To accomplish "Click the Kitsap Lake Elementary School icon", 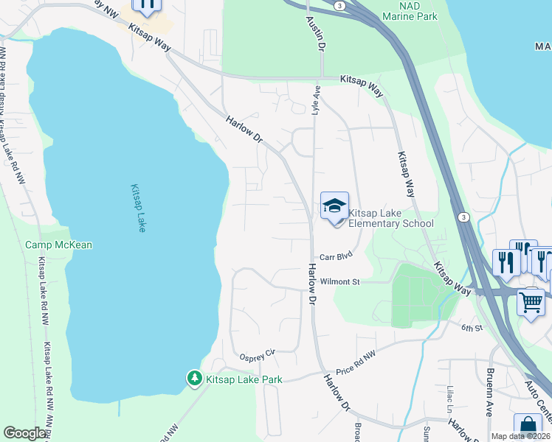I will pyautogui.click(x=334, y=206).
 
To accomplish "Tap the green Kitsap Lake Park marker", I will pyautogui.click(x=194, y=378).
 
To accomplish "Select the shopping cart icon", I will pyautogui.click(x=531, y=301).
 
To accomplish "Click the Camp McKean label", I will pyautogui.click(x=58, y=245).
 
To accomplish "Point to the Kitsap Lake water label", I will pyautogui.click(x=137, y=208).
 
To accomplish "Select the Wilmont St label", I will pyautogui.click(x=339, y=281).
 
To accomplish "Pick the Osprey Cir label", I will pyautogui.click(x=256, y=354).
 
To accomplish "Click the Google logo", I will pyautogui.click(x=25, y=433).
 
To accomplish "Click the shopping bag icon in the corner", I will pyautogui.click(x=528, y=427).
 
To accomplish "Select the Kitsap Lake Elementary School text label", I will pyautogui.click(x=390, y=217).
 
